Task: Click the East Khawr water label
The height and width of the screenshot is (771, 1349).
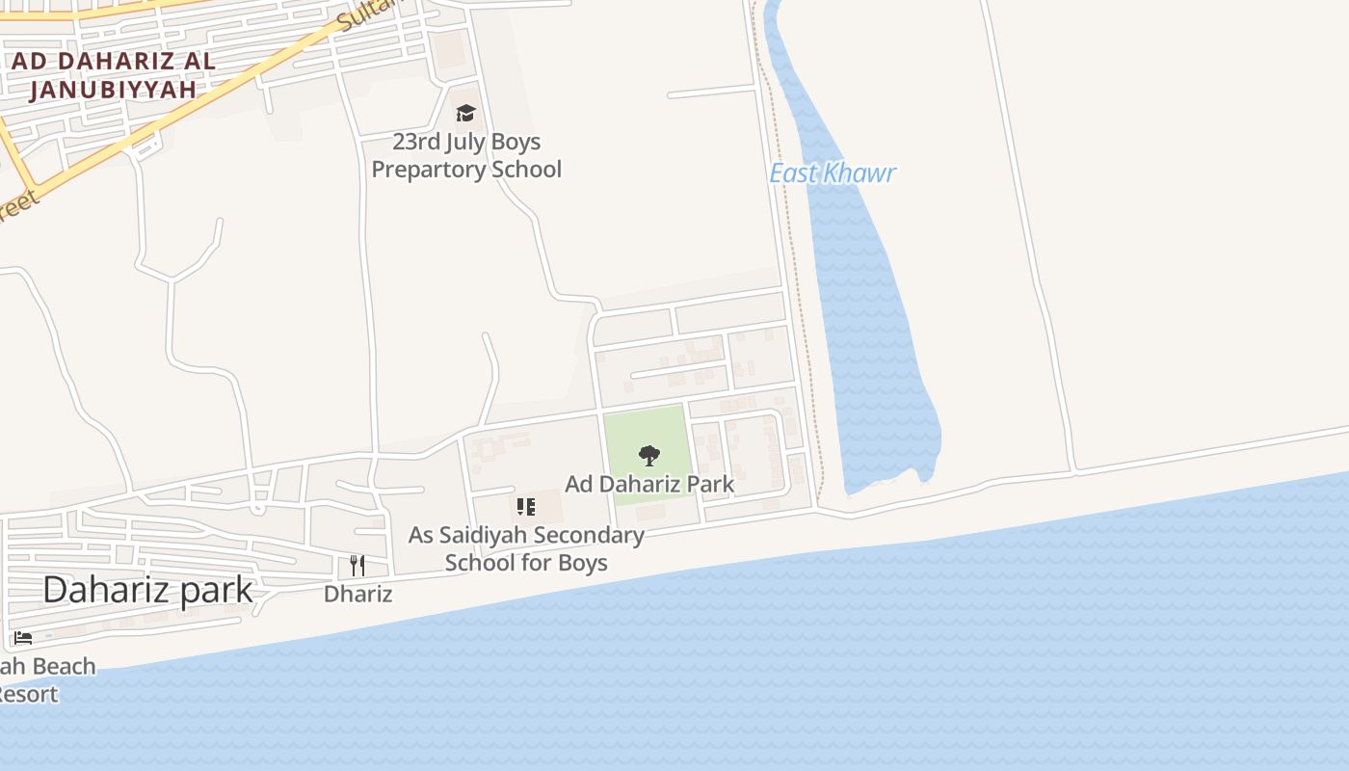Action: click(833, 173)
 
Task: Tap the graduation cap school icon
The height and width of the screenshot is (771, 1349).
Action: click(466, 114)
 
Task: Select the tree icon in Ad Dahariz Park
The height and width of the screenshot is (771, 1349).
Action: click(649, 455)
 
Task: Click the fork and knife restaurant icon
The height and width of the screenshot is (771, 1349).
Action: click(357, 565)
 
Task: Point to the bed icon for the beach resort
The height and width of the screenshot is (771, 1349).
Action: click(23, 638)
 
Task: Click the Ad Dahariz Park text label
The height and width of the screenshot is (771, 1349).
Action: click(649, 484)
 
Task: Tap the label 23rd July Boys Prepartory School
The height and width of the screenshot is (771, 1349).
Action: click(466, 156)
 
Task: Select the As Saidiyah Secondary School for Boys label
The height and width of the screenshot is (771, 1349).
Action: click(526, 548)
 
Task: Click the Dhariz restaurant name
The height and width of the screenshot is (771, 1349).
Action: click(357, 594)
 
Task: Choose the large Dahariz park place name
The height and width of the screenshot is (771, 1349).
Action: click(147, 590)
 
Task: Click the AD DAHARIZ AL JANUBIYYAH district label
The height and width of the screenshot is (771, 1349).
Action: click(113, 75)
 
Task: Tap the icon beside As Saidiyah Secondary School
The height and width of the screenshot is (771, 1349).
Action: click(525, 507)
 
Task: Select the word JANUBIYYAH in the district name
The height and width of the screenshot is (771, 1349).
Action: click(113, 90)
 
